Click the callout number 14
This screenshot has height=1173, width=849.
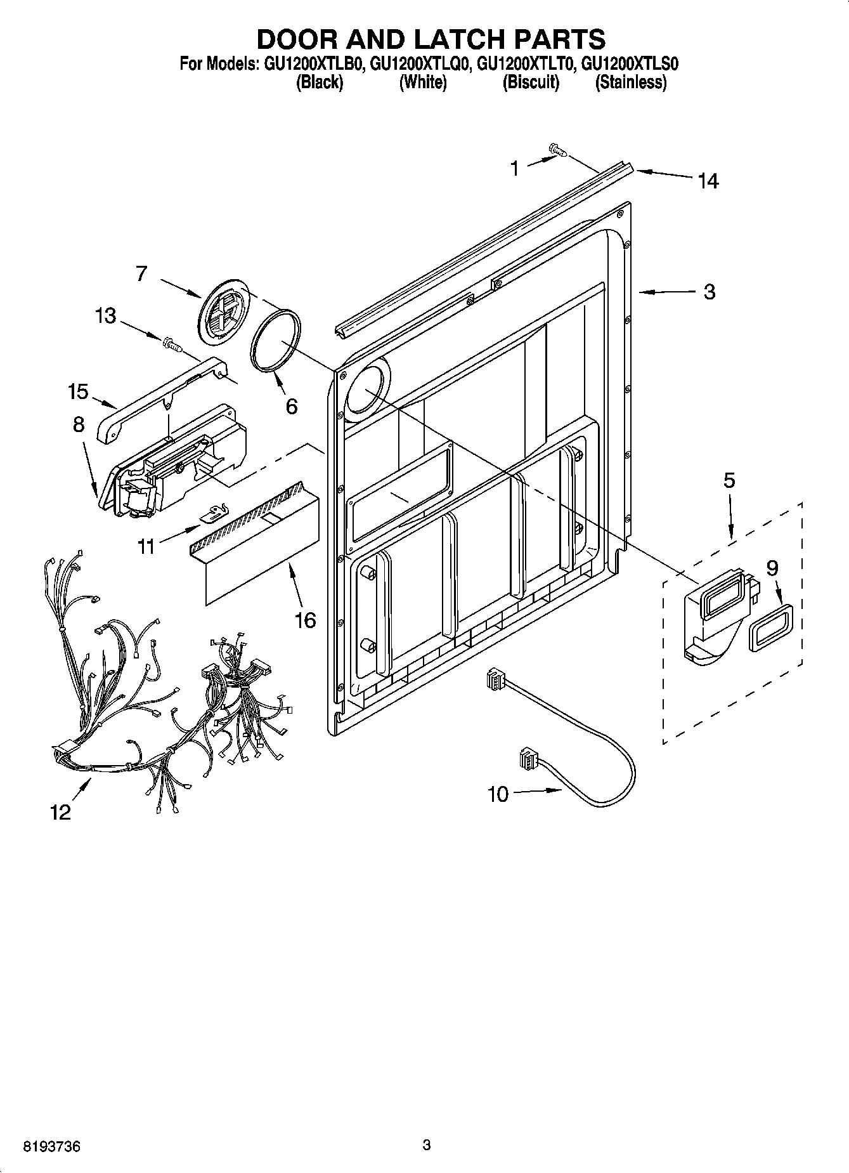point(708,181)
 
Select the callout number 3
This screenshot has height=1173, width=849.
point(710,292)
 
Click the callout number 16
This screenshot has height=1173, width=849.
point(306,619)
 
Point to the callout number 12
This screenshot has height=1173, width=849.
point(61,812)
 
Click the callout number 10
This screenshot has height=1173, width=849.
point(498,794)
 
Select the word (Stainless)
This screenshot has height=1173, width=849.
point(630,82)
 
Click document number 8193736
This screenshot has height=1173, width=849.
point(51,1146)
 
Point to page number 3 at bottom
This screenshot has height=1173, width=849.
point(426,1144)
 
